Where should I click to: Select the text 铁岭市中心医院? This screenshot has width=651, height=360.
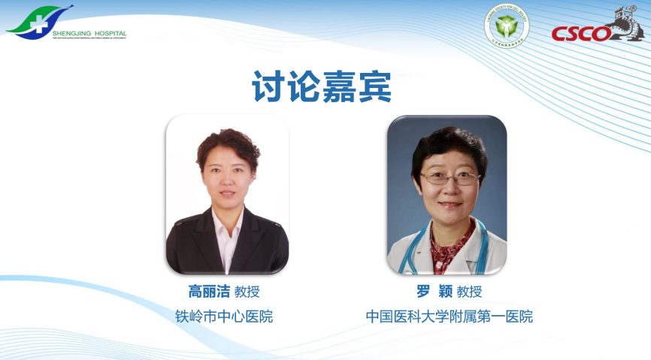223,316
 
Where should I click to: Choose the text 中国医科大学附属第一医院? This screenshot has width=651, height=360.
449,316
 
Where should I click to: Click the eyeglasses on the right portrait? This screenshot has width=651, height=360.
449,178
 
